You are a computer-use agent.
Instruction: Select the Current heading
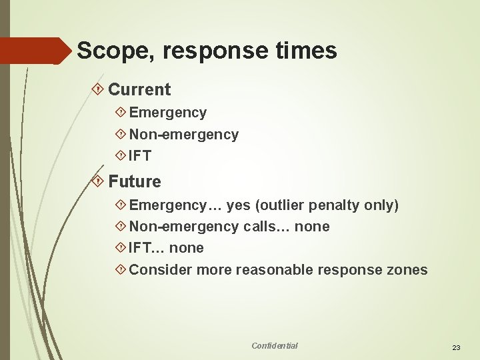click(139, 89)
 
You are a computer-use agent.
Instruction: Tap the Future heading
click(135, 181)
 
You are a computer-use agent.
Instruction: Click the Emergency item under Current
click(168, 113)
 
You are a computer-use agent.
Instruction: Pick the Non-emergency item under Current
click(184, 135)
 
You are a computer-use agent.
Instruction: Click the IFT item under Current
click(141, 157)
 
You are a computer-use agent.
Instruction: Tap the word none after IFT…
click(187, 248)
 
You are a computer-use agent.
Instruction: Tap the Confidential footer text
click(275, 345)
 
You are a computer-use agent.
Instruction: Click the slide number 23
click(457, 347)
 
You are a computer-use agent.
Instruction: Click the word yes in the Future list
click(239, 205)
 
